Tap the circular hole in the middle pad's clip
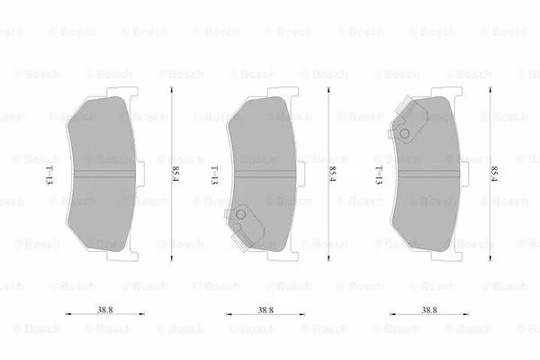pyautogui.click(x=240, y=218)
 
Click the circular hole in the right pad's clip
pyautogui.click(x=404, y=135)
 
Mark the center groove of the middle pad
pyautogui.click(x=265, y=170)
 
